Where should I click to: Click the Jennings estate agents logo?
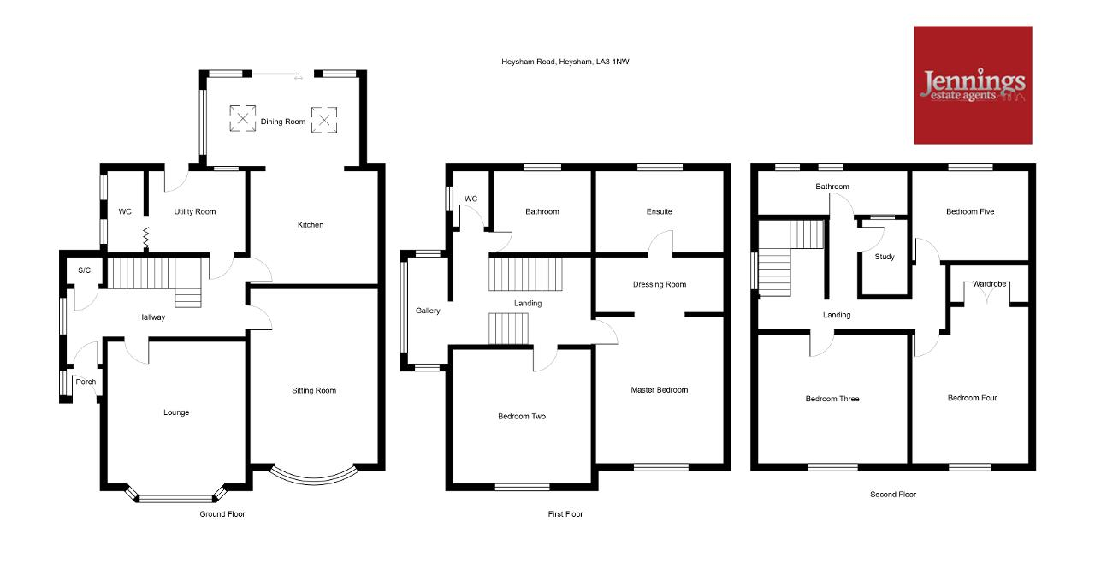[x=973, y=85]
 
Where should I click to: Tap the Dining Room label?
[x=282, y=122]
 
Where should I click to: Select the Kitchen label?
[x=311, y=224]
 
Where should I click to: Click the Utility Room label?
[x=194, y=211]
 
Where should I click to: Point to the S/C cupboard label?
[x=84, y=270]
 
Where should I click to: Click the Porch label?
[x=86, y=382]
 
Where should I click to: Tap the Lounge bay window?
[x=176, y=495]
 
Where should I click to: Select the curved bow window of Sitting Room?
[x=314, y=477]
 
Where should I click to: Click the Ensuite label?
[x=659, y=211]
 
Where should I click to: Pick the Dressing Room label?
[x=659, y=284]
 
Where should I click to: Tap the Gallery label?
[x=428, y=311]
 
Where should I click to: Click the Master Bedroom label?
[x=659, y=390]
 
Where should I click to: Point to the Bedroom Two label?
[x=522, y=416]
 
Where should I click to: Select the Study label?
[x=885, y=256]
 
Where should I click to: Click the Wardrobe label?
[x=989, y=283]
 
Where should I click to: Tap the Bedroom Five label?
[x=970, y=211]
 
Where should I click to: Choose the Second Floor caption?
[x=892, y=494]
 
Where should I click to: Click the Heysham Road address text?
[x=565, y=62]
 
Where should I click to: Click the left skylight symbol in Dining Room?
[x=242, y=118]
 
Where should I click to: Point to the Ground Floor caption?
[x=222, y=513]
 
